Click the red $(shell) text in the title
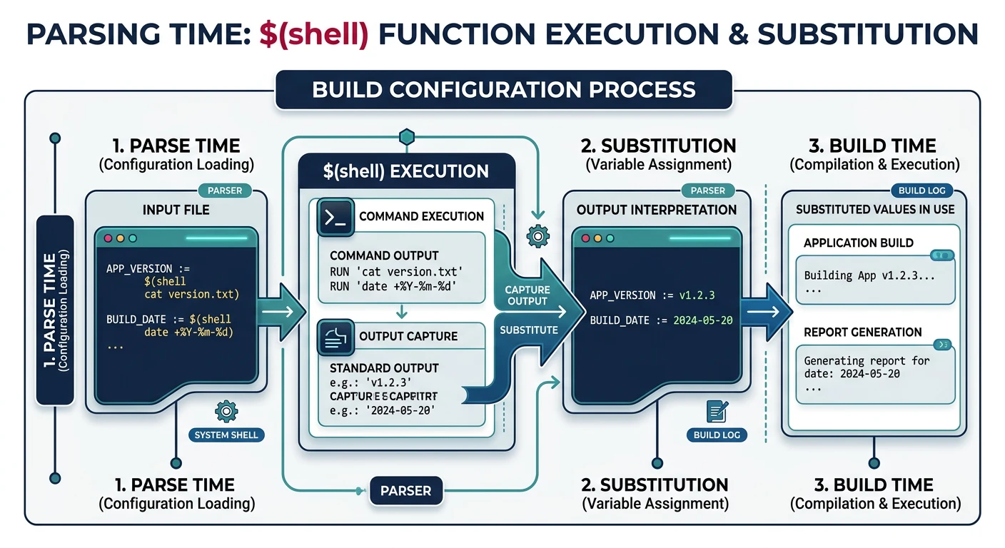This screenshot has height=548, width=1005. pyautogui.click(x=313, y=34)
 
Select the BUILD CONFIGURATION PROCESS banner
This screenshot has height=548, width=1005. pyautogui.click(x=503, y=89)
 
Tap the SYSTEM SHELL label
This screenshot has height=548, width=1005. pyautogui.click(x=226, y=435)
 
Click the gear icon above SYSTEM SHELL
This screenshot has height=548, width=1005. pyautogui.click(x=226, y=410)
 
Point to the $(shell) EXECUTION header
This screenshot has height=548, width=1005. pyautogui.click(x=406, y=171)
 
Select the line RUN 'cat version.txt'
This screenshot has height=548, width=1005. pyautogui.click(x=396, y=272)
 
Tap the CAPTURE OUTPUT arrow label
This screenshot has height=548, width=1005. pyautogui.click(x=527, y=295)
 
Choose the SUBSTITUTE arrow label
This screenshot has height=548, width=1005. pyautogui.click(x=529, y=330)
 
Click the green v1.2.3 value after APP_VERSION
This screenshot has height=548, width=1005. pyautogui.click(x=697, y=295)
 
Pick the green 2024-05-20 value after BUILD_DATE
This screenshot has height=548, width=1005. pyautogui.click(x=702, y=320)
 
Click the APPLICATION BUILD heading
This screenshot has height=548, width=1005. pyautogui.click(x=858, y=243)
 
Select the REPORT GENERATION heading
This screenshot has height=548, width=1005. pyautogui.click(x=862, y=332)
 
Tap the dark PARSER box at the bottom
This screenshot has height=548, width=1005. pyautogui.click(x=405, y=491)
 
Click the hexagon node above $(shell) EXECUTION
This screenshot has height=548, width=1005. pyautogui.click(x=406, y=136)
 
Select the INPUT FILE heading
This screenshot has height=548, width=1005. pyautogui.click(x=176, y=210)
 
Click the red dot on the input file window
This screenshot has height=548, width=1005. pyautogui.click(x=108, y=238)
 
